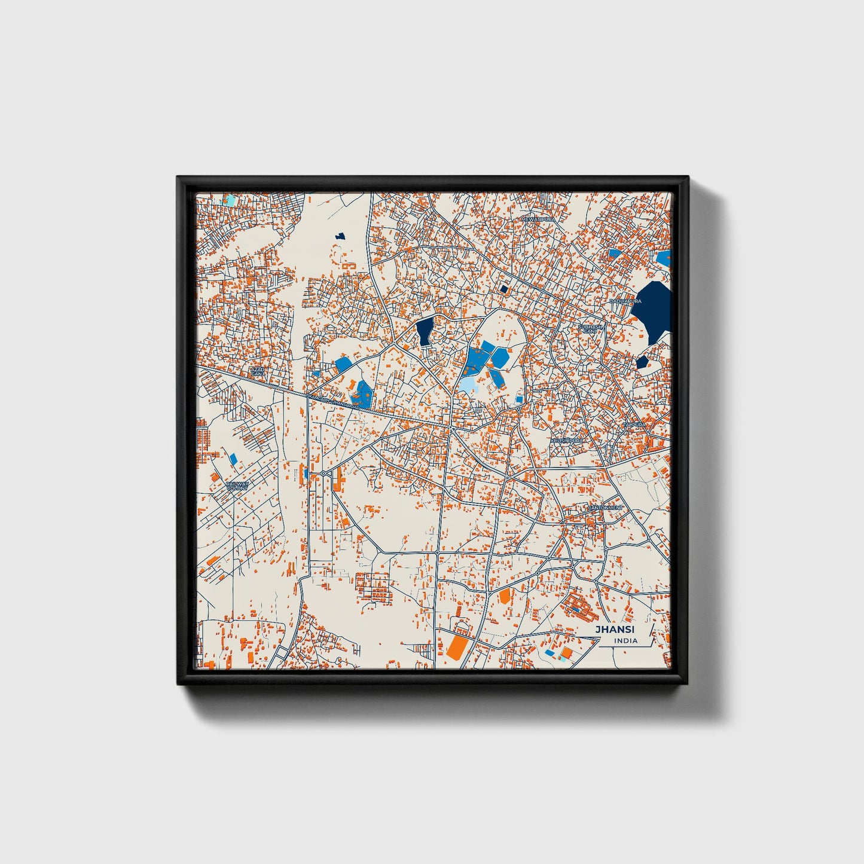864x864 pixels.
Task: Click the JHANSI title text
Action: [615, 629]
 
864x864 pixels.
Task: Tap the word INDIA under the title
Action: [625, 641]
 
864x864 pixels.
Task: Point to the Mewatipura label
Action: [538, 219]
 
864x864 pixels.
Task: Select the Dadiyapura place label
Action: [625, 301]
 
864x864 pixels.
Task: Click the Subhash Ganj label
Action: [590, 328]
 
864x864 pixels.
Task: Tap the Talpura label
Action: [634, 424]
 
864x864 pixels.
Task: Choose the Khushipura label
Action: [566, 440]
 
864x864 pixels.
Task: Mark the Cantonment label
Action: [605, 508]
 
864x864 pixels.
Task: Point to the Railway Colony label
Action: [237, 486]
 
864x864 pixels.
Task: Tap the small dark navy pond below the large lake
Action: [642, 362]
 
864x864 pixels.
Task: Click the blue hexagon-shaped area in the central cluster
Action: [499, 358]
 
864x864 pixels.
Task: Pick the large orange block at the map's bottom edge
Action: [457, 646]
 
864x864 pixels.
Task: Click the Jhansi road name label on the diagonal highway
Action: [326, 398]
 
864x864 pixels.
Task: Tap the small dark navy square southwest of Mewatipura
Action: [503, 289]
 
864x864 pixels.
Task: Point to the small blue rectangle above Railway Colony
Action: [233, 459]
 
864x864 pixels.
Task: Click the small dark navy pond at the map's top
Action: [341, 237]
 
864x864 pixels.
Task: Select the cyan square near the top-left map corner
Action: [229, 200]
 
